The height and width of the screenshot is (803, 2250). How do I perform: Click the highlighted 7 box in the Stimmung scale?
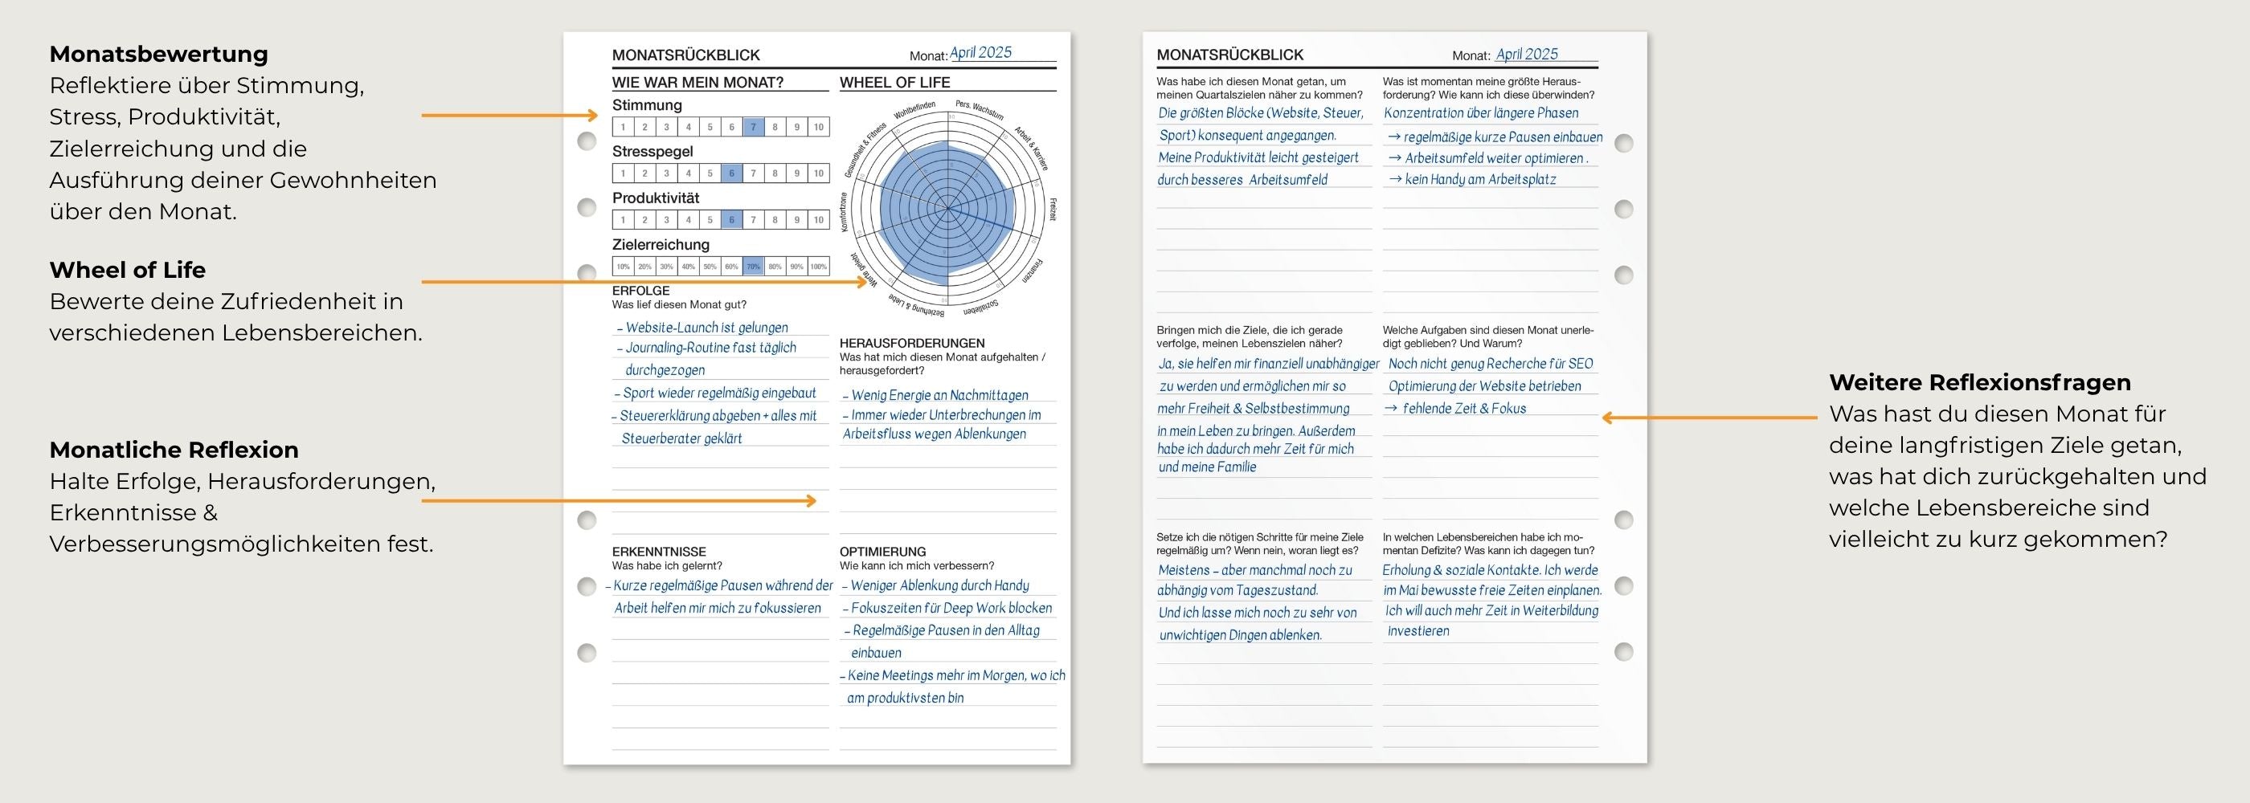click(753, 127)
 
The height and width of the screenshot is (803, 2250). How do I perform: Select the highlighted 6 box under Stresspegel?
click(732, 173)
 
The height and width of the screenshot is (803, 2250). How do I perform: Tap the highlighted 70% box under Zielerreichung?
click(753, 267)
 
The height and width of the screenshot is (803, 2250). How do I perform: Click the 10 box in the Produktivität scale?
click(818, 220)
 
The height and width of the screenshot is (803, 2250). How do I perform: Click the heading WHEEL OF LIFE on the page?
click(894, 82)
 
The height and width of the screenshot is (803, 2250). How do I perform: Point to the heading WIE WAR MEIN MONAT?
click(697, 82)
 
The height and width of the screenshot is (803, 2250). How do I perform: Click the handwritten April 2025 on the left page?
click(980, 52)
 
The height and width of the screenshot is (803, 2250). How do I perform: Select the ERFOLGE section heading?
click(640, 291)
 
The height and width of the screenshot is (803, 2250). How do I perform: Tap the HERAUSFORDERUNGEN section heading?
click(911, 343)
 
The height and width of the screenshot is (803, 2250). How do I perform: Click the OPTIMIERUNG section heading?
click(882, 552)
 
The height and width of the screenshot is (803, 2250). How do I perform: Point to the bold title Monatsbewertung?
click(158, 54)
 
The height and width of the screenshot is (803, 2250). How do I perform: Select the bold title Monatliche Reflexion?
click(174, 450)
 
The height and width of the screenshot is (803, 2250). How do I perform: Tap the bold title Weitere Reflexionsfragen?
click(1979, 382)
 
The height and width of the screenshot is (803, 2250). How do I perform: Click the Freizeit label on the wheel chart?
click(1053, 210)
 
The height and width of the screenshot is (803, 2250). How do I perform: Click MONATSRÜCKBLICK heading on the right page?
click(1229, 55)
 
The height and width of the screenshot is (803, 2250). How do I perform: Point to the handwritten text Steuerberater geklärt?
click(681, 438)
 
